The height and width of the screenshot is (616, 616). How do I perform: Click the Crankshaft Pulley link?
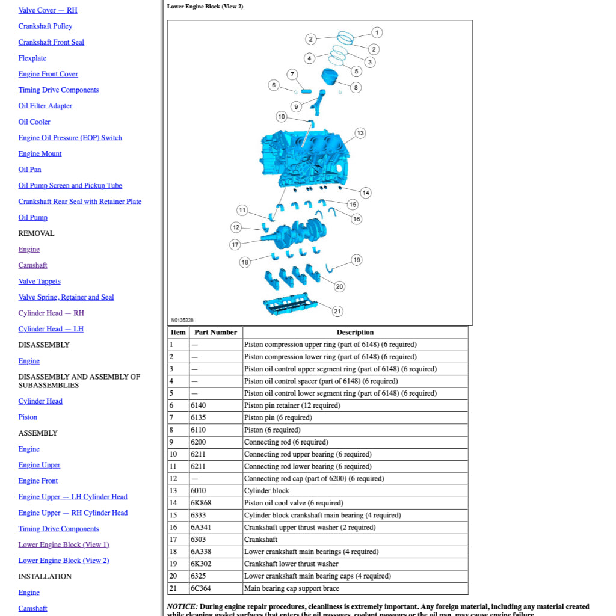pyautogui.click(x=45, y=26)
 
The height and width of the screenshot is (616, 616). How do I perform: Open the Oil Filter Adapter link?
pyautogui.click(x=45, y=106)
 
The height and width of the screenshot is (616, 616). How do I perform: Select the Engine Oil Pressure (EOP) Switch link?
pyautogui.click(x=70, y=138)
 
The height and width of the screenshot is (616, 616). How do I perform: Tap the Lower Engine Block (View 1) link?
pyautogui.click(x=64, y=544)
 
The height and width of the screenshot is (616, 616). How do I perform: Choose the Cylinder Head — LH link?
pyautogui.click(x=51, y=329)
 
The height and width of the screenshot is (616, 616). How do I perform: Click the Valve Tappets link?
pyautogui.click(x=39, y=281)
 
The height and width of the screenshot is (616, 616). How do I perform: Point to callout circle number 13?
pyautogui.click(x=360, y=133)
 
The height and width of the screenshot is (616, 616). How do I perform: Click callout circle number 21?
pyautogui.click(x=337, y=311)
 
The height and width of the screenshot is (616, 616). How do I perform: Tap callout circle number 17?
pyautogui.click(x=235, y=245)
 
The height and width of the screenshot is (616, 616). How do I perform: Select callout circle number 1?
pyautogui.click(x=377, y=32)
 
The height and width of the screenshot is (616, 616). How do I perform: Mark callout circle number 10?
pyautogui.click(x=282, y=116)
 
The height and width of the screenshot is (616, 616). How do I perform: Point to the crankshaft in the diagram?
pyautogui.click(x=298, y=232)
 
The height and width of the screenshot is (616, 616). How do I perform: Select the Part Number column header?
pyautogui.click(x=215, y=333)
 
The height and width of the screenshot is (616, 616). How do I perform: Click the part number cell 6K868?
pyautogui.click(x=201, y=503)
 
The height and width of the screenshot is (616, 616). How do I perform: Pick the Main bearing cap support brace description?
pyautogui.click(x=292, y=588)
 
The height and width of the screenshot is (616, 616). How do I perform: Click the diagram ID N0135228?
pyautogui.click(x=182, y=321)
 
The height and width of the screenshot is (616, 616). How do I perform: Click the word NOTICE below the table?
pyautogui.click(x=182, y=606)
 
